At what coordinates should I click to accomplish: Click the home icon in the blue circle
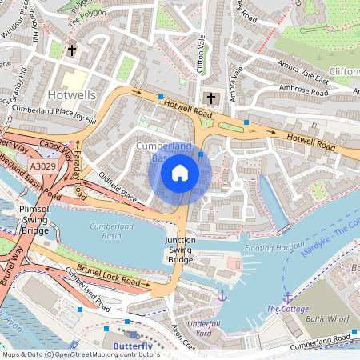click(x=180, y=172)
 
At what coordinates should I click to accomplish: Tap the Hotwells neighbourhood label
click(x=72, y=94)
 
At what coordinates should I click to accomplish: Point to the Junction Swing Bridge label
click(x=180, y=250)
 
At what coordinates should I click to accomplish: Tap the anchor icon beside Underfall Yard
click(x=222, y=296)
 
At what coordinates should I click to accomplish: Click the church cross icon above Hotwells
click(x=71, y=50)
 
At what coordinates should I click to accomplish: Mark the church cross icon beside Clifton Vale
click(x=211, y=98)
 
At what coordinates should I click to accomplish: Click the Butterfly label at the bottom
click(x=131, y=346)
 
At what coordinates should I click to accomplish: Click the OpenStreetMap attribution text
click(x=80, y=354)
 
